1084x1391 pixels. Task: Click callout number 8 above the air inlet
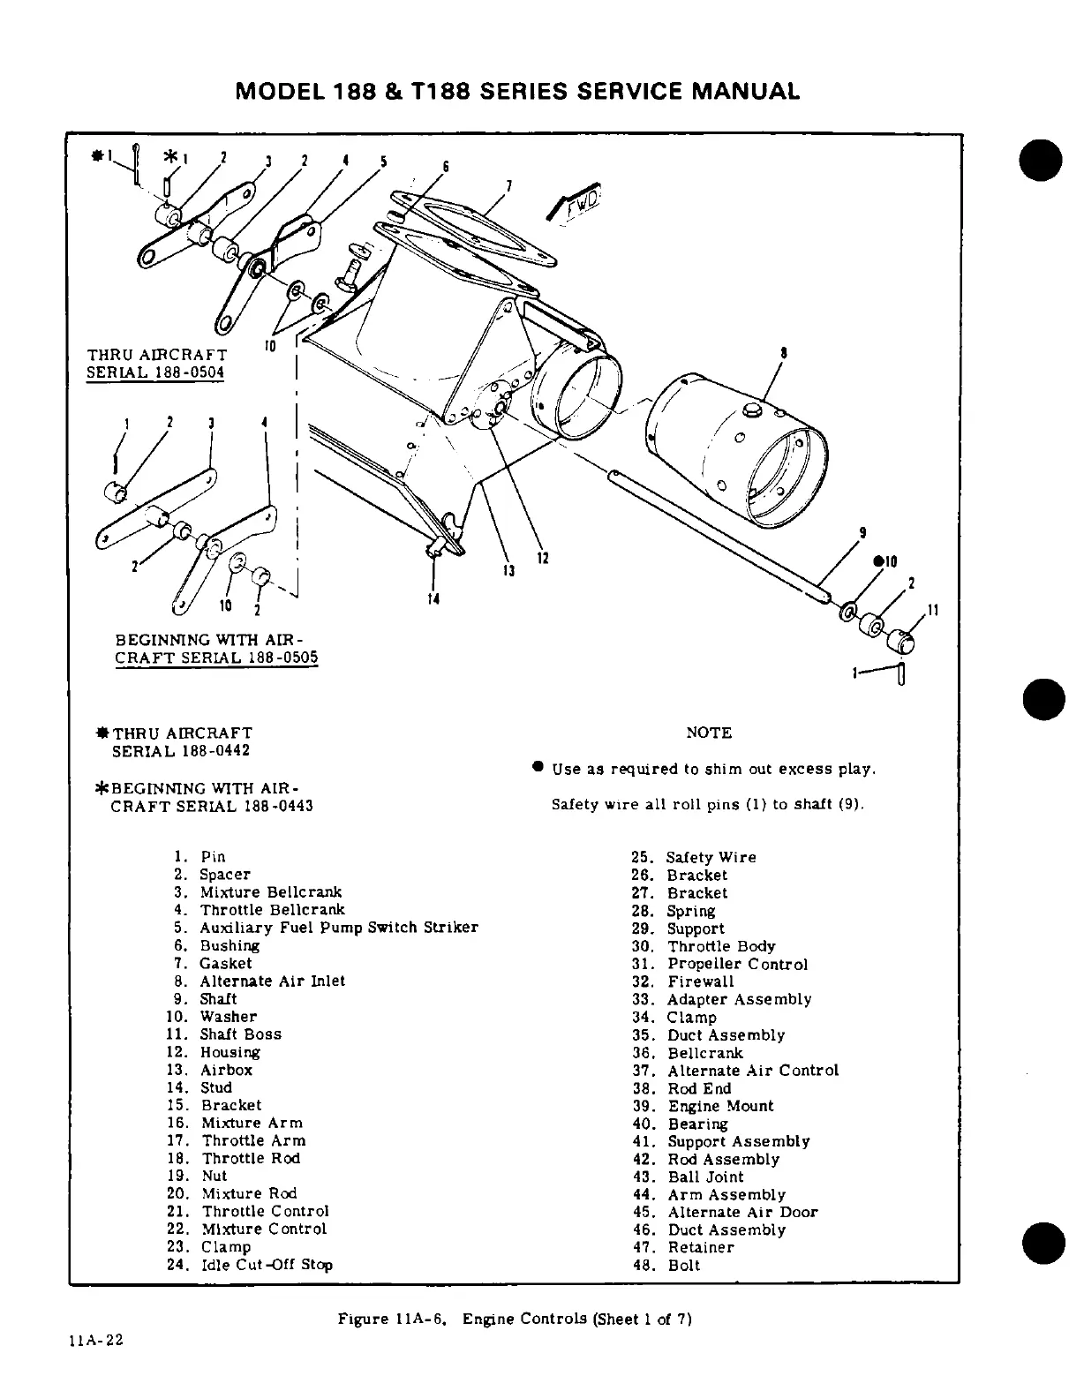pyautogui.click(x=784, y=353)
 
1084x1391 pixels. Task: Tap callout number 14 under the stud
pyautogui.click(x=434, y=600)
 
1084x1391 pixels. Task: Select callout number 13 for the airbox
pyautogui.click(x=508, y=571)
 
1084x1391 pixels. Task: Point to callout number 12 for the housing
pyautogui.click(x=543, y=559)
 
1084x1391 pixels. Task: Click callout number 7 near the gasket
pyautogui.click(x=508, y=184)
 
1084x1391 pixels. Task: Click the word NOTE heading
pyautogui.click(x=709, y=733)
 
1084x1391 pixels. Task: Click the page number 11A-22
pyautogui.click(x=95, y=1340)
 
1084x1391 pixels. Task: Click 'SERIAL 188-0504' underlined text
pyautogui.click(x=155, y=372)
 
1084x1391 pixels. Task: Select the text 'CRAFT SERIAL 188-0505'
pyautogui.click(x=217, y=658)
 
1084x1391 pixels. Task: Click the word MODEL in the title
pyautogui.click(x=278, y=91)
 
